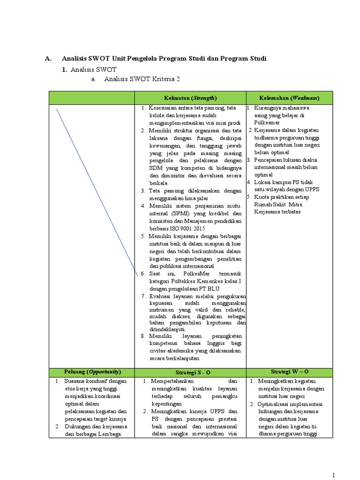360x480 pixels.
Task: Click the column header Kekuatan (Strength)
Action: (x=190, y=98)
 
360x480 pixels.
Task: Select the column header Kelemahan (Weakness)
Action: (x=289, y=98)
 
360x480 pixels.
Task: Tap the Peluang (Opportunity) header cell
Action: (x=92, y=372)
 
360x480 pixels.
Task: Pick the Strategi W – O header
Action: (x=289, y=372)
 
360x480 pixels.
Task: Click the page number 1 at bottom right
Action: (x=333, y=475)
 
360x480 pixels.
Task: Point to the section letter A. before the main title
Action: (x=47, y=59)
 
